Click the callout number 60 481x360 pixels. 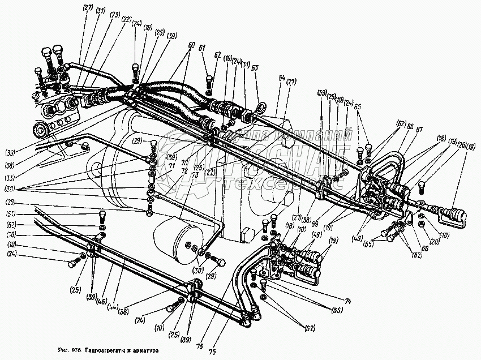[x=191, y=45]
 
